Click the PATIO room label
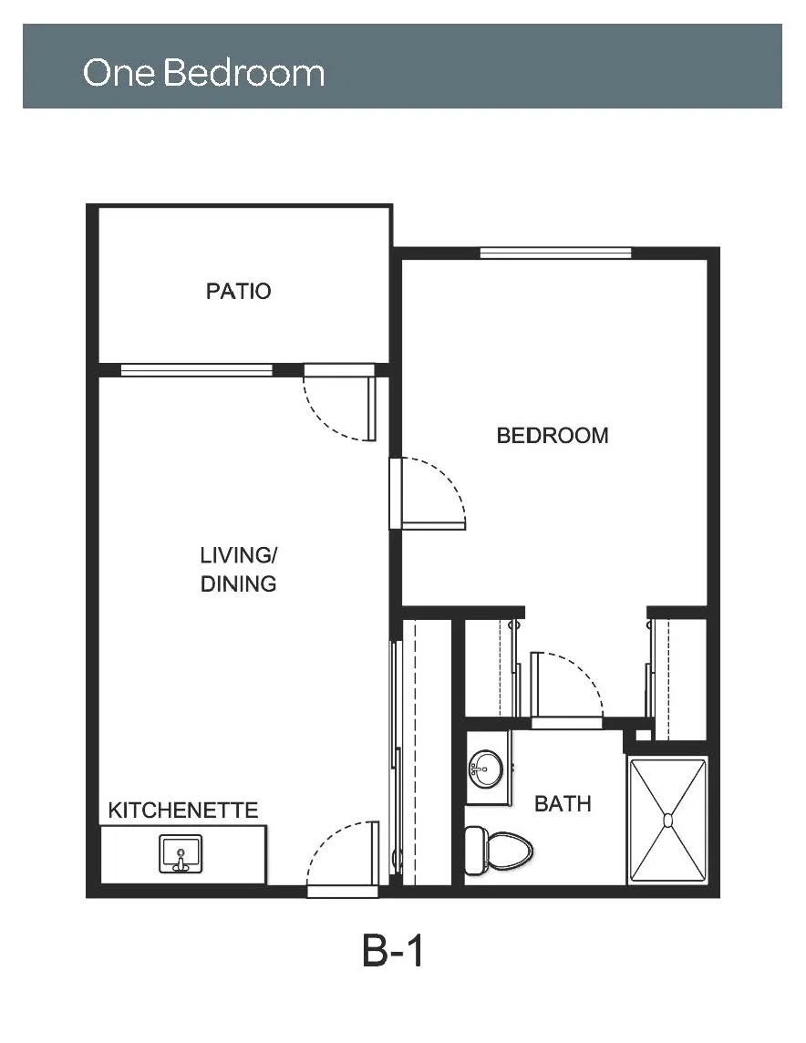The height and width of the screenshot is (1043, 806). click(x=238, y=292)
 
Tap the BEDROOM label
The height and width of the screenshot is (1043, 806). click(x=553, y=436)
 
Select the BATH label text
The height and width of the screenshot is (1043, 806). click(x=563, y=803)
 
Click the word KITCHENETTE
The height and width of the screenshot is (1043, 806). click(x=183, y=811)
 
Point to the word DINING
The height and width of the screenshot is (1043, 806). click(x=238, y=583)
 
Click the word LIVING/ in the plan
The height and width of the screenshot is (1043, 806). click(x=238, y=554)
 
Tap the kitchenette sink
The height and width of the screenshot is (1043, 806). click(x=181, y=854)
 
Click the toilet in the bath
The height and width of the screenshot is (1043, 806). click(x=499, y=850)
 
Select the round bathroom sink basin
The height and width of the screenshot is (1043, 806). click(x=485, y=769)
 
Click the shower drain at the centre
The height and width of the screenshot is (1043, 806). click(x=667, y=821)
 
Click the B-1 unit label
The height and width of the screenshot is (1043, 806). click(x=392, y=950)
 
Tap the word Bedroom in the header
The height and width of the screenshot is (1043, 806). click(x=243, y=72)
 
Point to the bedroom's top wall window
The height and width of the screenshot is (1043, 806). click(x=555, y=253)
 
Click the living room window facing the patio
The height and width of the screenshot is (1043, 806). click(x=196, y=370)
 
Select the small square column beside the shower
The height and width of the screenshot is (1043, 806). click(x=643, y=735)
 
